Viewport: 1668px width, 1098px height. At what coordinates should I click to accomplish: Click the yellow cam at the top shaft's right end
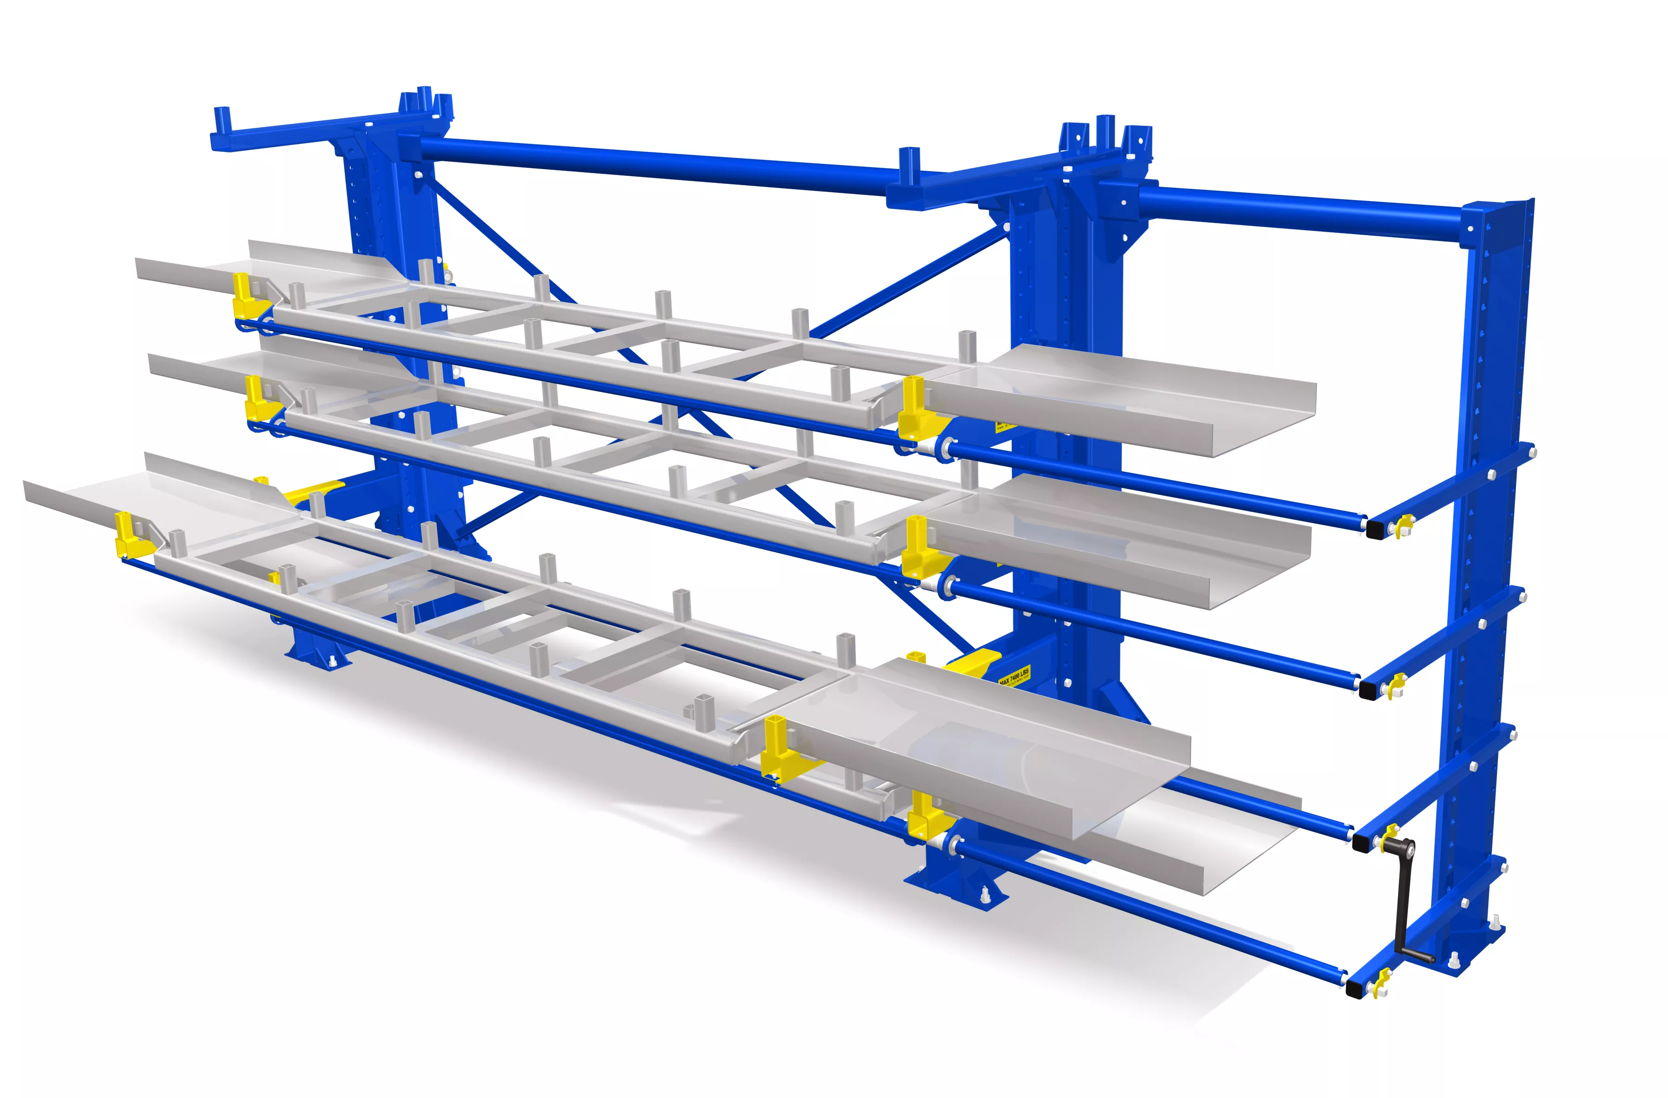click(x=1404, y=524)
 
